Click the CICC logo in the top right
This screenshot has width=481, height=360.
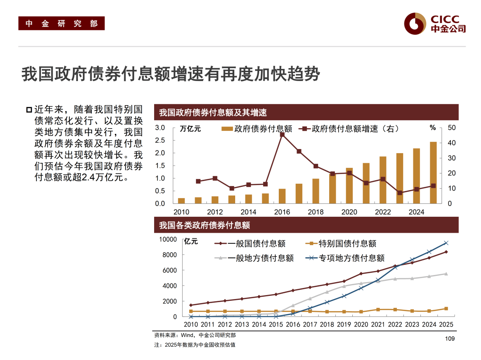coord(435,24)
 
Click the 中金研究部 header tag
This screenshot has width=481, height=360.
coord(61,24)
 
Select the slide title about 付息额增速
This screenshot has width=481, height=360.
coord(171,74)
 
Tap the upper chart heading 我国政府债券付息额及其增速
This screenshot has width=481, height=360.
coord(213,113)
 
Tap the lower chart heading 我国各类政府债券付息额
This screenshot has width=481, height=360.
coord(204,225)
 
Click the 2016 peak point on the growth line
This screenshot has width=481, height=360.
coord(282,134)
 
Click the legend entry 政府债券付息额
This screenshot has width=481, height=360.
coord(257,129)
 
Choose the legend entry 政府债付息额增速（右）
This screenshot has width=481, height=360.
coord(350,129)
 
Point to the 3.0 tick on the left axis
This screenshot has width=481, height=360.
coord(160,128)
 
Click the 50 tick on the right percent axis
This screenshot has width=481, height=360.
coord(452,128)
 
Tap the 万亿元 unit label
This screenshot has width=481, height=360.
coord(190,129)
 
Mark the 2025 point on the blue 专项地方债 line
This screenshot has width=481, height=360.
coord(446,243)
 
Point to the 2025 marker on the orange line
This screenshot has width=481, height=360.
coord(446,308)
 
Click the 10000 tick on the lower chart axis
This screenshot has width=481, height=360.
coord(168,239)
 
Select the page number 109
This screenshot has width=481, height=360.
coord(449,340)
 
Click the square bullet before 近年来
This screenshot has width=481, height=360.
coord(29,110)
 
